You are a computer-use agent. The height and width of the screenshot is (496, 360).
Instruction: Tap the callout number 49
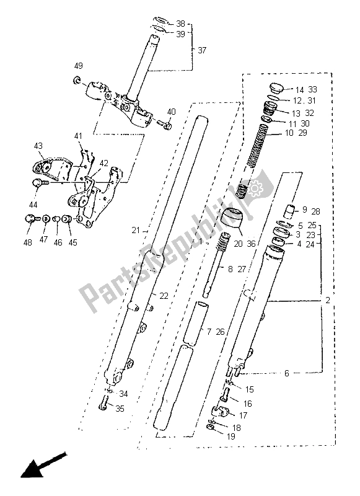tap(78, 66)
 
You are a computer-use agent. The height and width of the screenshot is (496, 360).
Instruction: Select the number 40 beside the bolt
tap(171, 112)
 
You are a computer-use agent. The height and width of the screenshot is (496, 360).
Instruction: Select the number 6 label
tap(286, 373)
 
